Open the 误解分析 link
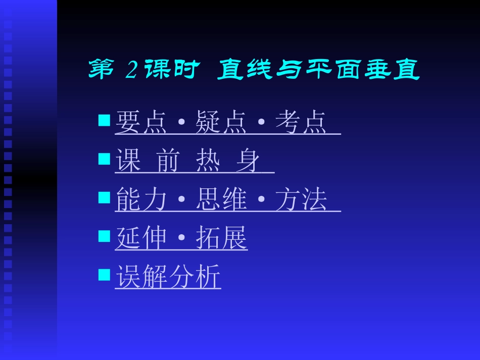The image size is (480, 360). (168, 277)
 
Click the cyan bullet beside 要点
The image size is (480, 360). (104, 120)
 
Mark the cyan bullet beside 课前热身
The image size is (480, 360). (104, 159)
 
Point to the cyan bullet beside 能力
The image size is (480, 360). (104, 197)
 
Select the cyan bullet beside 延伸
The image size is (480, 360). (104, 236)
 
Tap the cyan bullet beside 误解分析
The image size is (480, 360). (104, 274)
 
